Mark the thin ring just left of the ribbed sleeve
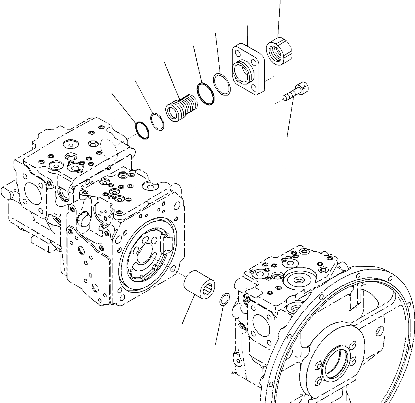tap(157, 121)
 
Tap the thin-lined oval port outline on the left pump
tap(109, 150)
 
